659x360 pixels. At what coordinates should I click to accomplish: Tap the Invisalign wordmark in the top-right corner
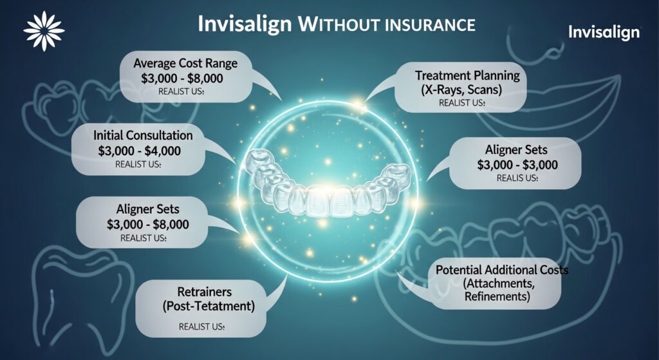pyautogui.click(x=604, y=32)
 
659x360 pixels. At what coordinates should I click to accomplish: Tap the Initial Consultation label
pyautogui.click(x=143, y=136)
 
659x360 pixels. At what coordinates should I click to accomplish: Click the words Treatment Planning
pyautogui.click(x=462, y=75)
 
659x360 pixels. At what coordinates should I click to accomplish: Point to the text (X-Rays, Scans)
pyautogui.click(x=461, y=90)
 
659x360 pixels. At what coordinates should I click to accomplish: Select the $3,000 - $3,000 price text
pyautogui.click(x=517, y=164)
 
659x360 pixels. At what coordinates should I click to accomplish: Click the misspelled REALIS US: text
pyautogui.click(x=517, y=178)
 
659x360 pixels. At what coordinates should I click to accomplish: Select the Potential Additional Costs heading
pyautogui.click(x=502, y=269)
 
